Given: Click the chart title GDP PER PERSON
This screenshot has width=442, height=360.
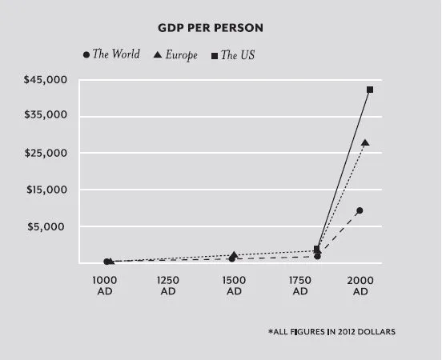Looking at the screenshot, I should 211,28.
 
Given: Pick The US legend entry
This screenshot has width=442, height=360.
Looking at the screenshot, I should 232,54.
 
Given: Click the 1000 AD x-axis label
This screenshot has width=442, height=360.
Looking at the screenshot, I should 105,286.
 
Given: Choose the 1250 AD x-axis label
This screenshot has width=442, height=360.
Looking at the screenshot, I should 168,286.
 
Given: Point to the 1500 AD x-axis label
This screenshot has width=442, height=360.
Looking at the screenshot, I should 234,286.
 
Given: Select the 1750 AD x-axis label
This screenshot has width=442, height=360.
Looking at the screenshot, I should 300,286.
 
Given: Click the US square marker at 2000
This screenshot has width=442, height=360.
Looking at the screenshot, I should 370,90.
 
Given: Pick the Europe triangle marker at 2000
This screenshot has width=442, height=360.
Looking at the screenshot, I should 365,142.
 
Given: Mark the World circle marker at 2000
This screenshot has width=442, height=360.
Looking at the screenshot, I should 360,210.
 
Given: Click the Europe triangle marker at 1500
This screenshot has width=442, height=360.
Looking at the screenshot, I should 234,255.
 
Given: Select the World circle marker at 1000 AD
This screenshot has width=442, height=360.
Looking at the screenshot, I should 106,262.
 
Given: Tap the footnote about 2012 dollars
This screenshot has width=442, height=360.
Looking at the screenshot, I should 331,331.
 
